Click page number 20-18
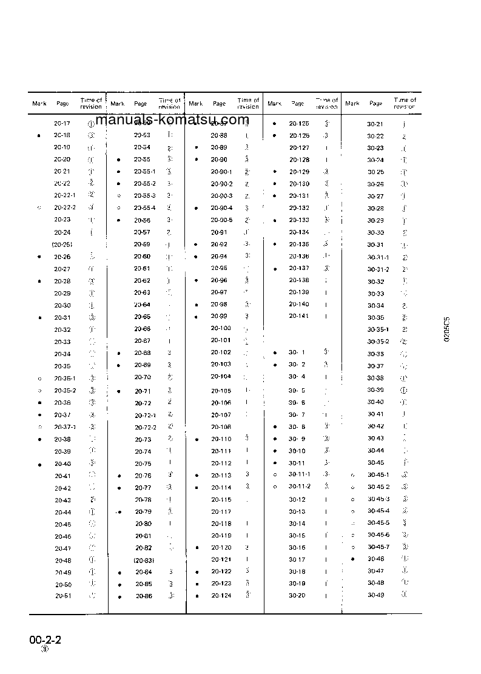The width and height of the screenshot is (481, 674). click(x=62, y=135)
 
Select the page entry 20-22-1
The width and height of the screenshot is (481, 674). click(x=64, y=195)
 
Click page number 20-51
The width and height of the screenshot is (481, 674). click(x=63, y=595)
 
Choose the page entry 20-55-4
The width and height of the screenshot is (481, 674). click(x=144, y=208)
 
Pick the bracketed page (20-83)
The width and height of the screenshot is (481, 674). click(x=143, y=560)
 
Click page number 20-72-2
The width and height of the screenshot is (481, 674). click(x=145, y=427)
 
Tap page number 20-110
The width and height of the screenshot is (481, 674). click(x=221, y=439)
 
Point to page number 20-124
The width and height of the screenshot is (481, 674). click(x=221, y=595)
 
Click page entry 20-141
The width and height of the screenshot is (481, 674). click(x=299, y=316)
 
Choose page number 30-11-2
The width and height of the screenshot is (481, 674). click(x=299, y=487)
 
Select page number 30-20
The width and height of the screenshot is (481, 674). click(x=297, y=596)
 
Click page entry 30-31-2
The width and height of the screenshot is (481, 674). click(x=378, y=269)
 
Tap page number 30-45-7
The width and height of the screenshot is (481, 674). click(x=378, y=547)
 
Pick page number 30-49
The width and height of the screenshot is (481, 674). click(x=375, y=595)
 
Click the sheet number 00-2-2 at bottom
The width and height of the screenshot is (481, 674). click(x=45, y=641)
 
